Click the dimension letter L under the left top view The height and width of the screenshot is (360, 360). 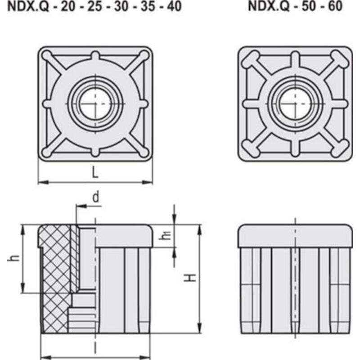(95, 172)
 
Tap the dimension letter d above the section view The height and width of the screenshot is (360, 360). (96, 197)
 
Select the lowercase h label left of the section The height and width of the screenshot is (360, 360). (13, 258)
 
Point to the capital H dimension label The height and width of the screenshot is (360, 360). (190, 278)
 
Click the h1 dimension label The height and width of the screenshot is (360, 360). (165, 235)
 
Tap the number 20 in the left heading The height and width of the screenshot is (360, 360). (68, 6)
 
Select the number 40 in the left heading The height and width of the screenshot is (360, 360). (174, 6)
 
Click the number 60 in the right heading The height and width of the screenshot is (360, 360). (335, 6)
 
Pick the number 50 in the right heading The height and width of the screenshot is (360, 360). (309, 6)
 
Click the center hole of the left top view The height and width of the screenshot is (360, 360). (95, 103)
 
